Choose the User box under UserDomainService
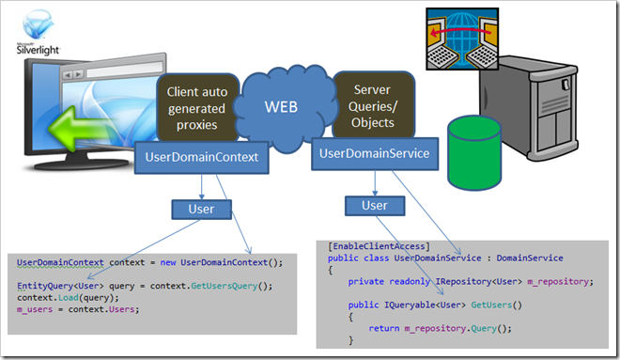pos(374,205)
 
